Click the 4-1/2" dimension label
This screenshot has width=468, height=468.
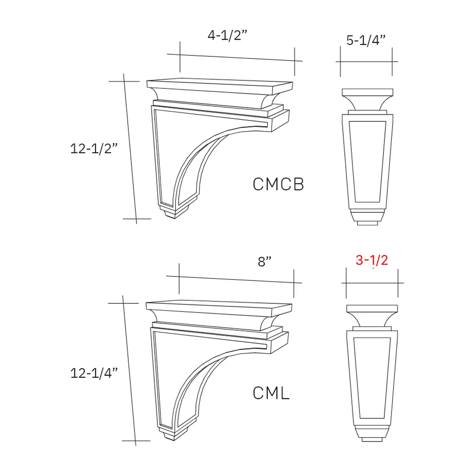pos(227,36)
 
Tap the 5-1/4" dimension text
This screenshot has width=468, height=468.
pos(366,41)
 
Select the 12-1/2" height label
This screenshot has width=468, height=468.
pos(94,149)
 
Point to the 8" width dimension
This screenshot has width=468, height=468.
pos(264,262)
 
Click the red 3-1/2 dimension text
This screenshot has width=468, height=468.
pos(372,260)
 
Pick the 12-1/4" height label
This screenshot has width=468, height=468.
pos(94,373)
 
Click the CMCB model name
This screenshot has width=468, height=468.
pos(278,184)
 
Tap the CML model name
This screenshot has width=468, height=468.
pos(271,393)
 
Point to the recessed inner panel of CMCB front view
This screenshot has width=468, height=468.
pos(367,161)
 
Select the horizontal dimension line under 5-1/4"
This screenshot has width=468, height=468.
pos(367,62)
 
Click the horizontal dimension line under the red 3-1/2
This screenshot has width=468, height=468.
pos(372,283)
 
